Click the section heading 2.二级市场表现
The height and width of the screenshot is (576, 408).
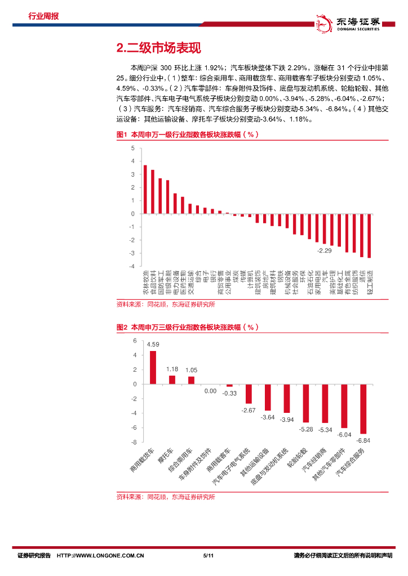pyautogui.click(x=158, y=48)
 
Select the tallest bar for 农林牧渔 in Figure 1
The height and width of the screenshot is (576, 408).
pyautogui.click(x=145, y=190)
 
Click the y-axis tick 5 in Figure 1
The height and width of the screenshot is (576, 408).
pyautogui.click(x=133, y=148)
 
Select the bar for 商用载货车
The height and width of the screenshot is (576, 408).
pyautogui.click(x=153, y=367)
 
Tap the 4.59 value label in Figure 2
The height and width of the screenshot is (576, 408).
pyautogui.click(x=153, y=344)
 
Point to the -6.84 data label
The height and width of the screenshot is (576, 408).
pyautogui.click(x=363, y=440)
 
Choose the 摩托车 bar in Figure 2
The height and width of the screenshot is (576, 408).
pyautogui.click(x=172, y=380)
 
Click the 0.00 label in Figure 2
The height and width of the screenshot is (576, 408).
pyautogui.click(x=210, y=391)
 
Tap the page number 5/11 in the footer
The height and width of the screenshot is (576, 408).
pyautogui.click(x=206, y=555)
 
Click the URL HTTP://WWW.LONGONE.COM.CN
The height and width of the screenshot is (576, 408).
pyautogui.click(x=101, y=555)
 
